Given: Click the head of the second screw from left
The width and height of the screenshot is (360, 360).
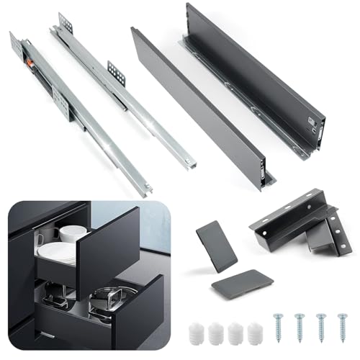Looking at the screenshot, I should tap(299, 314).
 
